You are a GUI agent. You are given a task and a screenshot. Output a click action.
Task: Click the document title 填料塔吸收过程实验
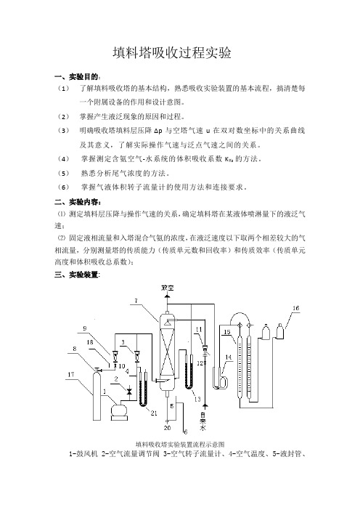172,53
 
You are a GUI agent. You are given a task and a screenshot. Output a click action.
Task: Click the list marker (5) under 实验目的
64,173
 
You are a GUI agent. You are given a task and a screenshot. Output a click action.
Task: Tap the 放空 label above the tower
168,288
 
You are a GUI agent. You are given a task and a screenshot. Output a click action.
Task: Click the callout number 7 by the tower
136,301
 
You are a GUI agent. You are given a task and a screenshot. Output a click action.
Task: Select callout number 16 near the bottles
295,308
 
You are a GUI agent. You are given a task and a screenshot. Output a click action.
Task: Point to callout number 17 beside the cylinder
71,375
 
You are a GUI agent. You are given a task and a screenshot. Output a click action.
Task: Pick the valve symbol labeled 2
129,390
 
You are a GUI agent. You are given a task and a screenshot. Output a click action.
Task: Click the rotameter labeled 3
136,355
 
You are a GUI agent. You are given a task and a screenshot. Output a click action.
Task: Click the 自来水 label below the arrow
203,422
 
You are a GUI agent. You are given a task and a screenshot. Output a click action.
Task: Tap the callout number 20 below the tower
167,428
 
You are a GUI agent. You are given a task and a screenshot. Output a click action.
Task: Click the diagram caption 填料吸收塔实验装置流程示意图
180,445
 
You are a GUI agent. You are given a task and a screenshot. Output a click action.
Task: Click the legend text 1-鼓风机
83,454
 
